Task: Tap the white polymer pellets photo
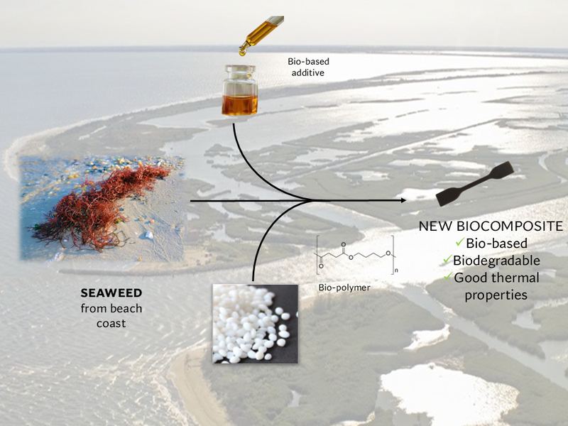point(254,323)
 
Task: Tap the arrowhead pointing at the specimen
point(403,201)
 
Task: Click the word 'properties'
point(496,294)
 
